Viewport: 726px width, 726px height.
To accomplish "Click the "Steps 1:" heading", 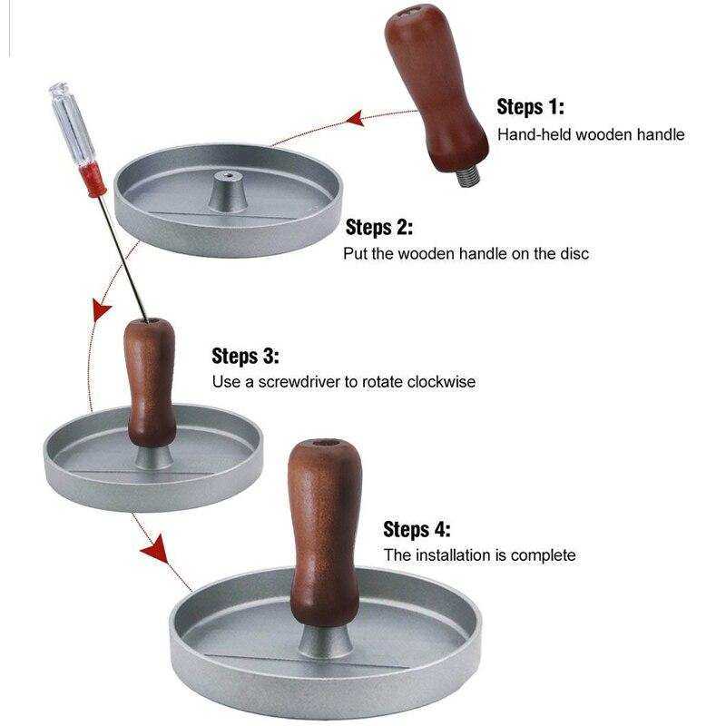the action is [530, 107].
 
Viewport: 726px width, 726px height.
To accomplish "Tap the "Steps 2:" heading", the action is [378, 228].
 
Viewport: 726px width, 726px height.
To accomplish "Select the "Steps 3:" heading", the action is [245, 356].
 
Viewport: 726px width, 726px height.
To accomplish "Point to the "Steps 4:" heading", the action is [417, 529].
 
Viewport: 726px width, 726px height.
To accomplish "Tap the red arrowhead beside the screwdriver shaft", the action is [102, 309].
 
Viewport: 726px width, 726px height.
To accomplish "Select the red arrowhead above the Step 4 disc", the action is [155, 549].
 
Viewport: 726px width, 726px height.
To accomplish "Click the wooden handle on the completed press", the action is [325, 533].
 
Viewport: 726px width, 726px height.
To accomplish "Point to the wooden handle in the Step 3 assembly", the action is [151, 382].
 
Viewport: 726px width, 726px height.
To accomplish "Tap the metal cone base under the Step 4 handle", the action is [325, 641].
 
